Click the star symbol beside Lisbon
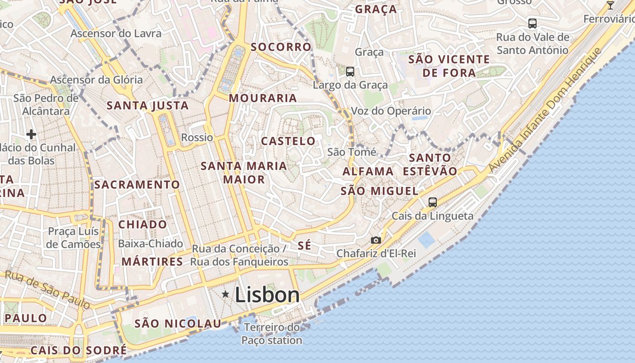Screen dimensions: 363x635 click(225, 295)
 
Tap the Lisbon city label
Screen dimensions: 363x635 click(267, 295)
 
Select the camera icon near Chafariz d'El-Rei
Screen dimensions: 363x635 click(376, 240)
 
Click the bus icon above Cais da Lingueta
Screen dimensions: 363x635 click(433, 202)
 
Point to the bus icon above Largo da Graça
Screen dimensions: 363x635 click(350, 71)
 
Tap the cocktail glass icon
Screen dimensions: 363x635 click(611, 5)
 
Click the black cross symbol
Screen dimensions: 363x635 click(31, 134)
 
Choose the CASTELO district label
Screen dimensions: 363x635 click(288, 141)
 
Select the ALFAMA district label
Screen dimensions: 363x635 click(368, 172)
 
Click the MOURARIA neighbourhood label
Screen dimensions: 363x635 click(263, 98)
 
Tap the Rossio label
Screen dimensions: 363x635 click(197, 137)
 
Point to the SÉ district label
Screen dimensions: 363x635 click(305, 246)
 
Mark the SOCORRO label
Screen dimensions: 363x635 click(281, 47)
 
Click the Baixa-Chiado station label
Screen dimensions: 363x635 click(150, 244)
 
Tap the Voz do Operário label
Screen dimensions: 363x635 click(391, 111)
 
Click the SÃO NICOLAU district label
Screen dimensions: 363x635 click(178, 324)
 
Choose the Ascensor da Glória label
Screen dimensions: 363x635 click(96, 80)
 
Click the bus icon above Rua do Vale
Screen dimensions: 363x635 click(532, 23)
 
